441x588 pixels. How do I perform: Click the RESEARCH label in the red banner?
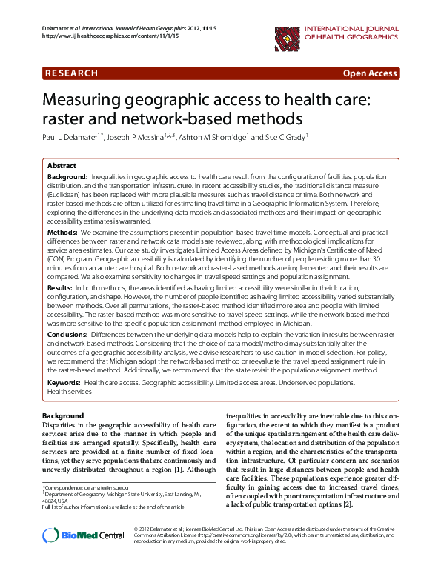72,73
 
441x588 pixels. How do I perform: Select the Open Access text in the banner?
369,73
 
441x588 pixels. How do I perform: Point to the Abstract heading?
62,166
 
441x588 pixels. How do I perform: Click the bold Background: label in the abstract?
67,178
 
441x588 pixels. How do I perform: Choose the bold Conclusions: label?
68,334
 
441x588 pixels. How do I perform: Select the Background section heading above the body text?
63,415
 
